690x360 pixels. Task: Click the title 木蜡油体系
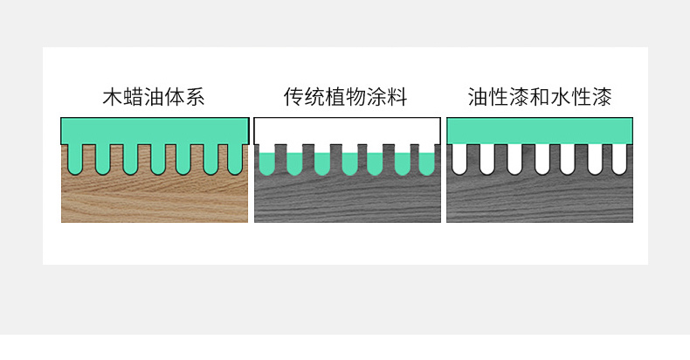coord(153,96)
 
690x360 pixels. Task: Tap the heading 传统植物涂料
coord(346,96)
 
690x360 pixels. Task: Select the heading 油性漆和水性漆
coord(539,96)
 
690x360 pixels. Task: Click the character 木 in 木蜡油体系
coord(111,96)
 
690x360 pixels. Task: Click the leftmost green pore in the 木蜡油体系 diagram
coord(77,158)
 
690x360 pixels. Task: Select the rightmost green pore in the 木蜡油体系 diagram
coord(234,158)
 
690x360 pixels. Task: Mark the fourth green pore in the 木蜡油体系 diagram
coord(157,158)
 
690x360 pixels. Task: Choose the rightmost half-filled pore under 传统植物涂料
coord(426,162)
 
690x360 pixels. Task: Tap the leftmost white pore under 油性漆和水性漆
coord(462,158)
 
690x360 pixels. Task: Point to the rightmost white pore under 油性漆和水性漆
coord(619,158)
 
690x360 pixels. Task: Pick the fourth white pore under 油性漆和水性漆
coord(542,158)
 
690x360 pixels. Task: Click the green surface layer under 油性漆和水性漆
coord(538,130)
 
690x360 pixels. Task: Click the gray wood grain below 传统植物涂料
coord(347,201)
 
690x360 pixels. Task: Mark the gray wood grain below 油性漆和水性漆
coord(538,201)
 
